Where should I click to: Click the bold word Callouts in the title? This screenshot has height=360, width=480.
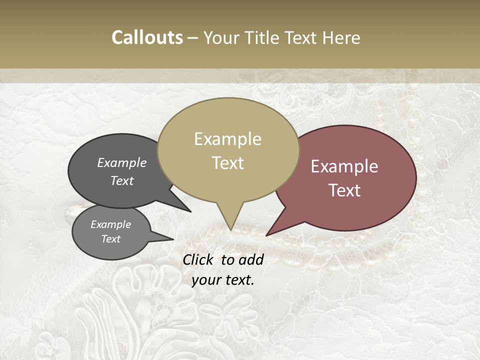click(x=147, y=37)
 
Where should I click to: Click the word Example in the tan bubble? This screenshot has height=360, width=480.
click(x=227, y=139)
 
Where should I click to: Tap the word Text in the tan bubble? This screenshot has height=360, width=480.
click(x=228, y=162)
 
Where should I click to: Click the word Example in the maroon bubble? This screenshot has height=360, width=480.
click(x=344, y=166)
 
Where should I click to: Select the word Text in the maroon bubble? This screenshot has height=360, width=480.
click(x=345, y=190)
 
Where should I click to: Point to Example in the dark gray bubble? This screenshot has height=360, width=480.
click(x=122, y=162)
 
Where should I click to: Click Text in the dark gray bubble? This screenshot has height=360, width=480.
click(x=122, y=180)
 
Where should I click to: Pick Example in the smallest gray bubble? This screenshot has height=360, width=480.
click(x=111, y=224)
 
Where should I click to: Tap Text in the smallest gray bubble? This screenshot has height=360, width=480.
click(x=111, y=239)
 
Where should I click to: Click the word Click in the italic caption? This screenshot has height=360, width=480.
click(x=199, y=259)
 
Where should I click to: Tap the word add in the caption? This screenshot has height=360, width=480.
click(x=252, y=259)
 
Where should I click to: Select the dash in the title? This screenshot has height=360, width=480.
click(x=193, y=37)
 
